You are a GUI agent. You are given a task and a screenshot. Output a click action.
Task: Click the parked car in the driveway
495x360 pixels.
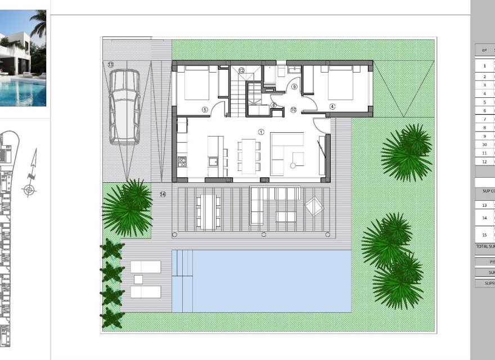point(124,106)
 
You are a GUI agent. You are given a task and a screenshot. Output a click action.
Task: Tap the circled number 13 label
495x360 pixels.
point(111,65)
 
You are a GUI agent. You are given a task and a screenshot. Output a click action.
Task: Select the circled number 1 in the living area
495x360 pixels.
point(261,132)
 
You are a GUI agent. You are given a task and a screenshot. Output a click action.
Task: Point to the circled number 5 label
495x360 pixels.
point(205,110)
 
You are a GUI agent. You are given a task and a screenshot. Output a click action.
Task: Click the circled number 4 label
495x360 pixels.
point(332,106)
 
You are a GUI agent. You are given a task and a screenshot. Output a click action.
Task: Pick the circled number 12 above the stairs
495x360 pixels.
point(241,71)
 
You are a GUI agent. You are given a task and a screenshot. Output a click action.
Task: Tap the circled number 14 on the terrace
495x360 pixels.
point(163,194)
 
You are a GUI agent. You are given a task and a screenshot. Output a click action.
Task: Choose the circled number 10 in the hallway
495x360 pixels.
point(293,110)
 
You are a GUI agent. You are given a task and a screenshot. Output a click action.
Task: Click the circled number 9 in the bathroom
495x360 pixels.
point(294,87)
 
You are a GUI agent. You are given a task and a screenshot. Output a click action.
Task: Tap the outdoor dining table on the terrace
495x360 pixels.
point(208,211)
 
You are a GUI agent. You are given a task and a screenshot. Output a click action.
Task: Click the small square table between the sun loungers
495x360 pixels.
point(138,279)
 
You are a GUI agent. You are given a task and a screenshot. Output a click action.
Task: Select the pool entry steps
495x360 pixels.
point(182,263)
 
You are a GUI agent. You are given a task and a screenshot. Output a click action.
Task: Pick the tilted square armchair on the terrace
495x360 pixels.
point(314,206)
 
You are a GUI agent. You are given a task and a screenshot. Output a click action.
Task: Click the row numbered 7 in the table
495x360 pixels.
point(484,119)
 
